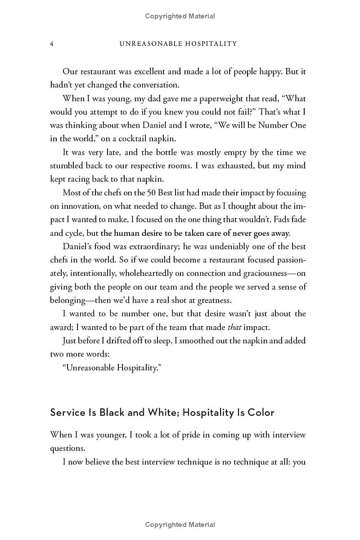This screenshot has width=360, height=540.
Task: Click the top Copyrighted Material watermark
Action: point(180,16)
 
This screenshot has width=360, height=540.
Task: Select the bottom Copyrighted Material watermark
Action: point(180,525)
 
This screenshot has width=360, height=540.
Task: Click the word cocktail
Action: point(135,139)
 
